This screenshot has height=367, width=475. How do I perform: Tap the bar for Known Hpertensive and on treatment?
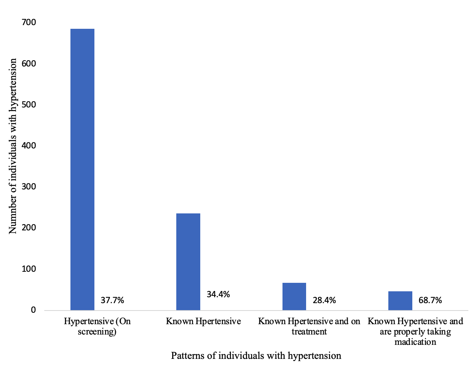[x=294, y=296]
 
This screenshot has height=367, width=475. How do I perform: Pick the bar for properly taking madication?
[x=400, y=301]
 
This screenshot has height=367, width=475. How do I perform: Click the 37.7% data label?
[x=112, y=300]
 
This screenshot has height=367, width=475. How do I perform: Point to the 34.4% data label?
[x=218, y=294]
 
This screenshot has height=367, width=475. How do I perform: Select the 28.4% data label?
[x=324, y=300]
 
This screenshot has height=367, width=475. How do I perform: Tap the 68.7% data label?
[x=430, y=300]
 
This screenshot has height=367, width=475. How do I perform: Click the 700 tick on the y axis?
[x=28, y=23]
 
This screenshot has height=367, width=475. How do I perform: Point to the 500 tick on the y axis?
[x=28, y=104]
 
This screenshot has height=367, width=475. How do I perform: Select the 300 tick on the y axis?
[x=28, y=187]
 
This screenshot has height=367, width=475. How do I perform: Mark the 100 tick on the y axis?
[x=28, y=269]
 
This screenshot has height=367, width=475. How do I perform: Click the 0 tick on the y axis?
[x=33, y=310]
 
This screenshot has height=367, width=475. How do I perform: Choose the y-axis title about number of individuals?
[x=13, y=146]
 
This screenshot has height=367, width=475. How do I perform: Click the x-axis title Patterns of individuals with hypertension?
[x=256, y=356]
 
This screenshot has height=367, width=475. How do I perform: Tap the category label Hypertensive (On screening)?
[x=97, y=326]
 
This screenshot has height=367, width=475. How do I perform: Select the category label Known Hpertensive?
[x=203, y=321]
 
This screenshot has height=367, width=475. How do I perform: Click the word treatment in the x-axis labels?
[x=309, y=332]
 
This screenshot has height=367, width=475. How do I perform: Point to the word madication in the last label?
[x=415, y=342]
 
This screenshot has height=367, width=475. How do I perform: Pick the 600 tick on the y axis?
[x=28, y=64]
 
